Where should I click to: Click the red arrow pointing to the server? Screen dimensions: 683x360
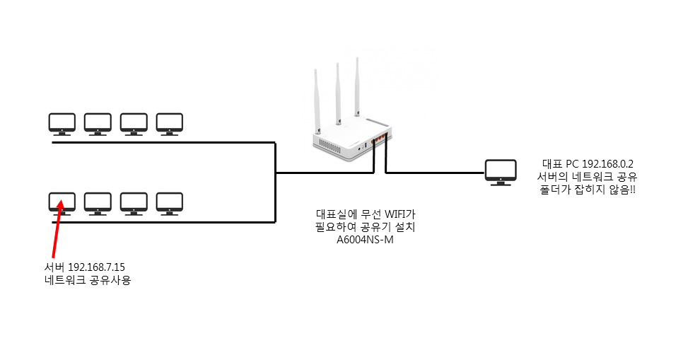pyautogui.click(x=57, y=229)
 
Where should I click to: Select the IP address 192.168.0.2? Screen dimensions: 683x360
pyautogui.click(x=607, y=164)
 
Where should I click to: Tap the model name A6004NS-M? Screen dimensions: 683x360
pyautogui.click(x=365, y=240)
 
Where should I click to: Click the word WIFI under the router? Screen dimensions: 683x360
pyautogui.click(x=395, y=214)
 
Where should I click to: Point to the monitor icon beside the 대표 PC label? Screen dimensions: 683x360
pyautogui.click(x=501, y=173)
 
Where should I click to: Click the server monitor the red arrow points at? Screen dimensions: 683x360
pyautogui.click(x=62, y=204)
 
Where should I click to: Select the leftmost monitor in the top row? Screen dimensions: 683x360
pyautogui.click(x=62, y=124)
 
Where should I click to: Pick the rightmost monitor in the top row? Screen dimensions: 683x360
pyautogui.click(x=170, y=124)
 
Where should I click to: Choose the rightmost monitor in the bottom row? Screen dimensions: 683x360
pyautogui.click(x=170, y=204)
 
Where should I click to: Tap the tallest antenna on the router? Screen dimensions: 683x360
pyautogui.click(x=357, y=86)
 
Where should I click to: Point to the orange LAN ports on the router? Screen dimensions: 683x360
pyautogui.click(x=379, y=138)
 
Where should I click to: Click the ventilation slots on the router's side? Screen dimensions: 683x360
pyautogui.click(x=329, y=146)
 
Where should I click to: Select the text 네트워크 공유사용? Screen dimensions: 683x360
pyautogui.click(x=88, y=280)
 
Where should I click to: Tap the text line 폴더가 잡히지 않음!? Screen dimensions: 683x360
pyautogui.click(x=588, y=190)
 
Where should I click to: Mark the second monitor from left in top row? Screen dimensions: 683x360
pyautogui.click(x=98, y=124)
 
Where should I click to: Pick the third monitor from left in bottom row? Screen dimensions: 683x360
pyautogui.click(x=134, y=204)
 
